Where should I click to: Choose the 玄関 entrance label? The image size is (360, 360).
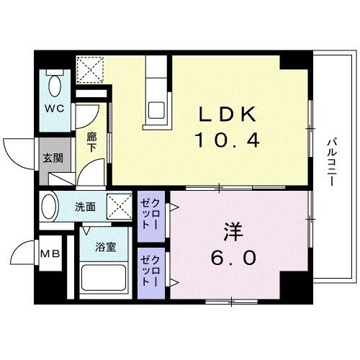[x=51, y=158]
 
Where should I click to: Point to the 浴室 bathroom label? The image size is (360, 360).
[x=106, y=248]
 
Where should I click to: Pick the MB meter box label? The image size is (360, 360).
[x=49, y=253]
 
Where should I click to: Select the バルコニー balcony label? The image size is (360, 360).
[x=330, y=163]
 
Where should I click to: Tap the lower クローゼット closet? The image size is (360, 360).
[x=152, y=271]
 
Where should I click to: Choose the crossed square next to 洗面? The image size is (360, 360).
[x=117, y=207]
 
